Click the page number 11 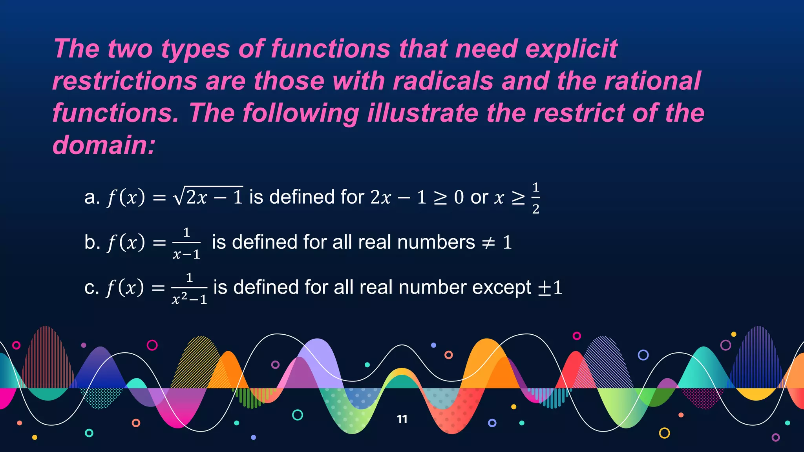pyautogui.click(x=402, y=419)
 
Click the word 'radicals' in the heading pyautogui.click(x=443, y=81)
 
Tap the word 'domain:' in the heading pyautogui.click(x=104, y=145)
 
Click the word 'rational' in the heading pyautogui.click(x=652, y=81)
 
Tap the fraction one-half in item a pyautogui.click(x=535, y=198)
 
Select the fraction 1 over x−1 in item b pyautogui.click(x=186, y=243)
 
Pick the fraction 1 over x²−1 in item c pyautogui.click(x=189, y=289)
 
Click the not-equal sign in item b pyautogui.click(x=488, y=243)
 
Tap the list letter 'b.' pyautogui.click(x=92, y=242)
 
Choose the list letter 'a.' pyautogui.click(x=92, y=197)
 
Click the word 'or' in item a pyautogui.click(x=479, y=197)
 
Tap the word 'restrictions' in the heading pyautogui.click(x=125, y=81)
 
